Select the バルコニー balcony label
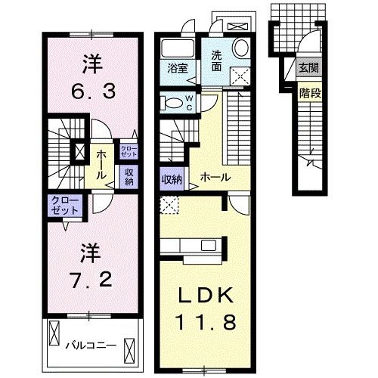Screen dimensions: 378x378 [x=90, y=345]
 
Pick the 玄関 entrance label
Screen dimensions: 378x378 [x=308, y=69]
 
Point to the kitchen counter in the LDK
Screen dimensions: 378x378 [x=194, y=245]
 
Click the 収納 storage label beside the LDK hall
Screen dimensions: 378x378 [x=171, y=180]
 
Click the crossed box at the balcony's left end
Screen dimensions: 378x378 [x=54, y=333]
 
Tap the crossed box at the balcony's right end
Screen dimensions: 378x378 [x=130, y=350]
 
